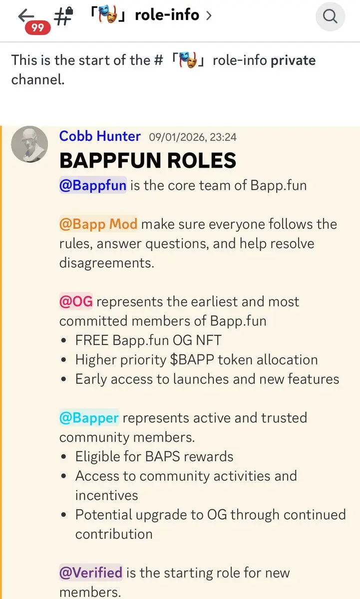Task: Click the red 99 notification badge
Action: [x=38, y=27]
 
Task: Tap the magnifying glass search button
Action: [x=331, y=16]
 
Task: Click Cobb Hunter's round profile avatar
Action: [x=29, y=144]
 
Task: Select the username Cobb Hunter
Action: [x=100, y=136]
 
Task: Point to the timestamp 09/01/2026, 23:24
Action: [x=193, y=137]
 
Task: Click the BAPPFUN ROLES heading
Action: [x=148, y=160]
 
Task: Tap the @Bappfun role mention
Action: [x=93, y=185]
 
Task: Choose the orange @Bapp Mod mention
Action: [x=98, y=224]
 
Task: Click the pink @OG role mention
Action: [x=76, y=301]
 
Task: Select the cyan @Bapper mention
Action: [x=89, y=418]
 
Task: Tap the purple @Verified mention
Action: [x=91, y=573]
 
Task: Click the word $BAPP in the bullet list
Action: [x=192, y=360]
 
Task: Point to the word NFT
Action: [x=209, y=340]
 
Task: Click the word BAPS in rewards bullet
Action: [x=163, y=456]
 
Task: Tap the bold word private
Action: [x=293, y=60]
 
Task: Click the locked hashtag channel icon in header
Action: [x=63, y=15]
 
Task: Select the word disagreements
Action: [x=107, y=263]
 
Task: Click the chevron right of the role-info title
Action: [x=209, y=15]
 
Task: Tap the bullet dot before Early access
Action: [x=63, y=379]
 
